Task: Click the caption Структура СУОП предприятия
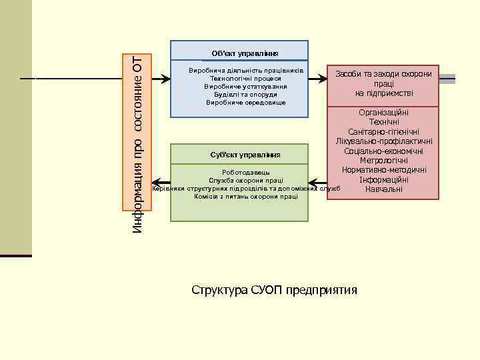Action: [274, 290]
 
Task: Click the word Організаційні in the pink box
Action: [383, 113]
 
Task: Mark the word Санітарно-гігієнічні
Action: [383, 132]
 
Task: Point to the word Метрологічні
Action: [383, 161]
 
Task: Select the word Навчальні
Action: [383, 189]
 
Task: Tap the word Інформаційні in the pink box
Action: [383, 180]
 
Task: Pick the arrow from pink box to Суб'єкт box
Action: [318, 180]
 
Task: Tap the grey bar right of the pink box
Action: [447, 79]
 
